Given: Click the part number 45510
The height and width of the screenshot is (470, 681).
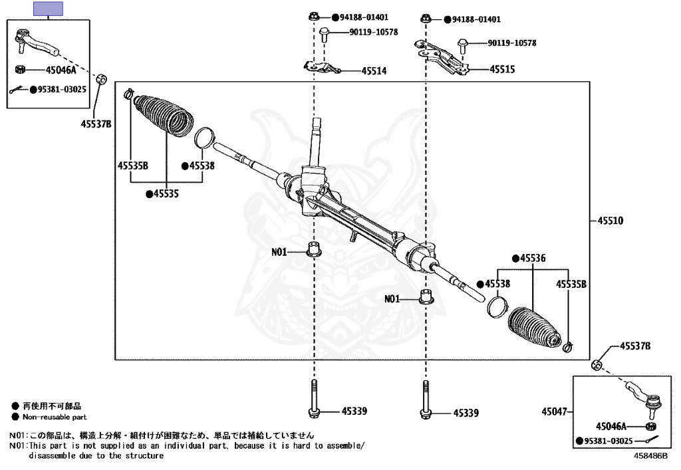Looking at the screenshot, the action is coord(611,221).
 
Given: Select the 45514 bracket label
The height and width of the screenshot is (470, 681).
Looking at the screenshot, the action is coord(374,71).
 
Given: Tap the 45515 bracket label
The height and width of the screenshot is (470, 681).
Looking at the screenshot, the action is coord(502,69).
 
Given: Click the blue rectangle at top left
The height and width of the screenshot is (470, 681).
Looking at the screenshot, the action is coord(48,9).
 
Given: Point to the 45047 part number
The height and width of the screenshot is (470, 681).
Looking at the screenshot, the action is coord(554,411).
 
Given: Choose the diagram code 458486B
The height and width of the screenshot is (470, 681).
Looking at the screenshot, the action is coord(650,455).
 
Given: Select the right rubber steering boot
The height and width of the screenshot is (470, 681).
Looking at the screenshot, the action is coord(534,327).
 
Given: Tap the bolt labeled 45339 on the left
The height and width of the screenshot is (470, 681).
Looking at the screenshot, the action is coord(314,400).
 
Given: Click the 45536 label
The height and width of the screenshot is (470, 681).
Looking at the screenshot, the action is coord(533,259).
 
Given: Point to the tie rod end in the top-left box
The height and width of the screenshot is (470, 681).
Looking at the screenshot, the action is coord(36,42).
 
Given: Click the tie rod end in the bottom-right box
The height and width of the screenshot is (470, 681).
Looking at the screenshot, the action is coord(644,397).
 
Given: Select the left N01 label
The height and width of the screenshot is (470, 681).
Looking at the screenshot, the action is coord(279,252).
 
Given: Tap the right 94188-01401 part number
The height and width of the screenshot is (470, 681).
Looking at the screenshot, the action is coord(476,19).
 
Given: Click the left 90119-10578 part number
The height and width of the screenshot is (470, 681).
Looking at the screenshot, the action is coord(374,32).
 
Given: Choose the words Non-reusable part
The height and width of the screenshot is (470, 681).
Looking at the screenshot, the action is coord(55,417).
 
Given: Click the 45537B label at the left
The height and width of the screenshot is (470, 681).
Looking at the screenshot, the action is coord(96,124).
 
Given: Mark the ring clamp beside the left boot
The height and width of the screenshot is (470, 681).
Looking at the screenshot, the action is coord(204,137).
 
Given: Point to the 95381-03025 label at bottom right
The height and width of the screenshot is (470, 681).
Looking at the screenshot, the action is coord(608,441).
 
